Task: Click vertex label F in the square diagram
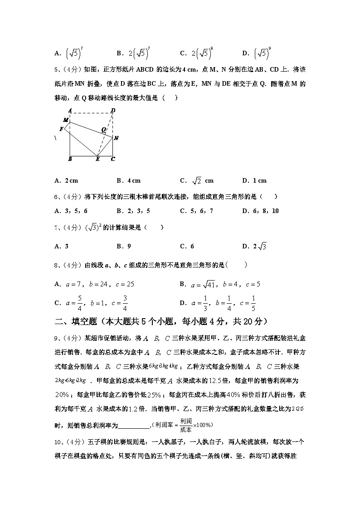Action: [61, 129]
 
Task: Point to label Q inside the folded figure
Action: [103, 129]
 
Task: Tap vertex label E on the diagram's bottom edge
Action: [97, 159]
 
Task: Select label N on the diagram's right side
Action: [116, 138]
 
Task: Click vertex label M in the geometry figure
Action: [65, 120]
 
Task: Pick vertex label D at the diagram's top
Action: [113, 110]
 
